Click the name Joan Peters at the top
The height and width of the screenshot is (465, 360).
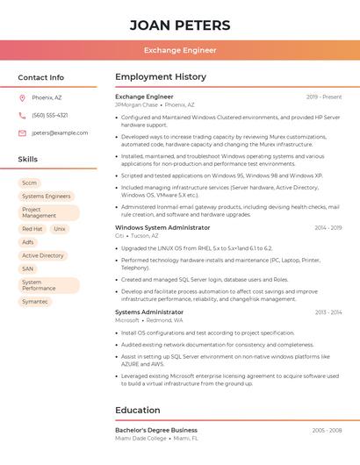pyautogui.click(x=180, y=25)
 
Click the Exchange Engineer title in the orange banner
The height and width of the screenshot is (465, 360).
pyautogui.click(x=180, y=50)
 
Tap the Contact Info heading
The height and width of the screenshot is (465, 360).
pyautogui.click(x=40, y=77)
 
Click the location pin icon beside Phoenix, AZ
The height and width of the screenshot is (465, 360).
pyautogui.click(x=22, y=97)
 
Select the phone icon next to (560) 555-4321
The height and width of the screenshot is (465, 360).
pyautogui.click(x=22, y=115)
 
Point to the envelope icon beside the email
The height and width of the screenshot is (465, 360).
pyautogui.click(x=22, y=132)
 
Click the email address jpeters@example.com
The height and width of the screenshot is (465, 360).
pyautogui.click(x=60, y=132)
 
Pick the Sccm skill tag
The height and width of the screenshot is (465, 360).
pyautogui.click(x=30, y=183)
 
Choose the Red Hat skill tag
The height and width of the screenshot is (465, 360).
pyautogui.click(x=32, y=229)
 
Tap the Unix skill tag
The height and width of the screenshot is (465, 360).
pyautogui.click(x=60, y=229)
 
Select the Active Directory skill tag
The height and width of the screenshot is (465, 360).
pyautogui.click(x=43, y=255)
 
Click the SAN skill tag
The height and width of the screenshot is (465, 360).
pyautogui.click(x=28, y=268)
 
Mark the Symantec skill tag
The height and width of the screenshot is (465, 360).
pyautogui.click(x=35, y=302)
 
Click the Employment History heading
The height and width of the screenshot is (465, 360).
pyautogui.click(x=161, y=77)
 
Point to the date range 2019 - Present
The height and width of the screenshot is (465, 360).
pyautogui.click(x=324, y=97)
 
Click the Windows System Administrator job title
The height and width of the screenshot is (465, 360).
pyautogui.click(x=162, y=227)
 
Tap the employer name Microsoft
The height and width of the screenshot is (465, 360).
pyautogui.click(x=127, y=320)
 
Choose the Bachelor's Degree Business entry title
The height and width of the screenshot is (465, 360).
pyautogui.click(x=156, y=430)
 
